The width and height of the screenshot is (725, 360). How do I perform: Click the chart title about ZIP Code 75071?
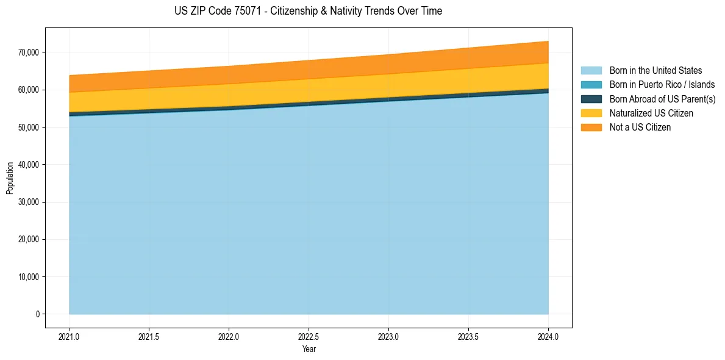click(x=308, y=11)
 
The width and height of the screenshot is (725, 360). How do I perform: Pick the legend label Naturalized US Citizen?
click(x=651, y=113)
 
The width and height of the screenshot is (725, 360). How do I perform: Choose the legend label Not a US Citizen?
click(x=640, y=128)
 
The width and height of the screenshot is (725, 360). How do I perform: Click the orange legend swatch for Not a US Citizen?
click(x=591, y=128)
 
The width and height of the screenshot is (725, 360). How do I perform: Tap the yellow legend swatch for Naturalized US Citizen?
click(x=591, y=113)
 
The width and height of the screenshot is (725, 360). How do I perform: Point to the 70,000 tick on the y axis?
click(x=28, y=52)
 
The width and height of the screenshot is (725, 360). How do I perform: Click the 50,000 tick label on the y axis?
click(x=28, y=128)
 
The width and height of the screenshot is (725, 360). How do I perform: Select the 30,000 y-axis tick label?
click(x=28, y=202)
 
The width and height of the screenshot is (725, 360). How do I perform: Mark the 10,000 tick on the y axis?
click(x=28, y=277)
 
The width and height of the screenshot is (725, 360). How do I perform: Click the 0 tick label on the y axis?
click(x=37, y=314)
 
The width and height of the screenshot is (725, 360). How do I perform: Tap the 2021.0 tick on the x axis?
click(x=70, y=336)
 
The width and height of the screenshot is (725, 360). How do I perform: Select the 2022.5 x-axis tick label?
click(x=309, y=336)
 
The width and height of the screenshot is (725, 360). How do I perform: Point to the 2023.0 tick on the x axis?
click(x=388, y=336)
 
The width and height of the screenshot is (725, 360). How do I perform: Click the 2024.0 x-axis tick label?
click(x=548, y=336)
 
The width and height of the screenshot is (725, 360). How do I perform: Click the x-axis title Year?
click(x=309, y=349)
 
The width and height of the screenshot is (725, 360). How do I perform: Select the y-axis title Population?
click(x=10, y=178)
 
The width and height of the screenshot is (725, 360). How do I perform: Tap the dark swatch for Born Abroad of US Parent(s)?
click(x=591, y=99)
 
